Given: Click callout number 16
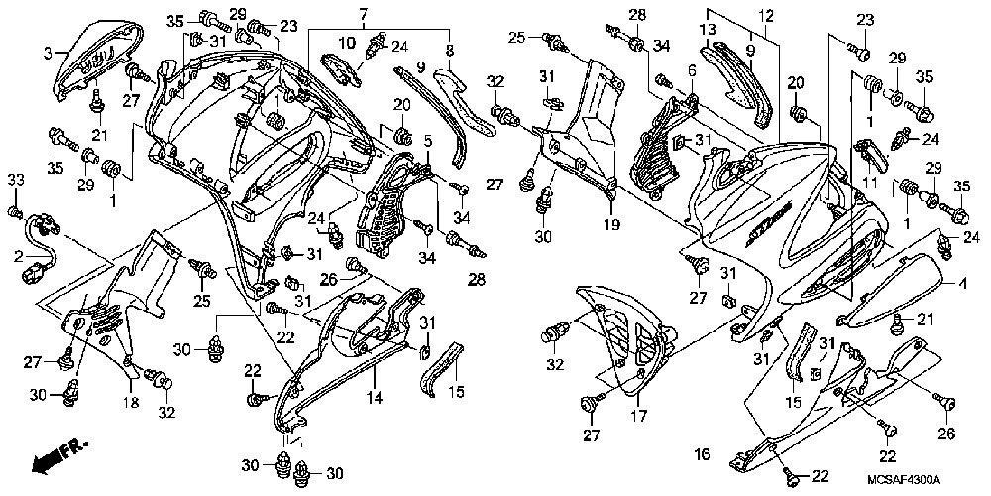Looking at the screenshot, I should coord(702,454).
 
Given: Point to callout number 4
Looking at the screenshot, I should coord(959,284).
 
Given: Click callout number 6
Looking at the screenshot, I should coord(691,70).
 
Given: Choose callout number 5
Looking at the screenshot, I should coord(429,141).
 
